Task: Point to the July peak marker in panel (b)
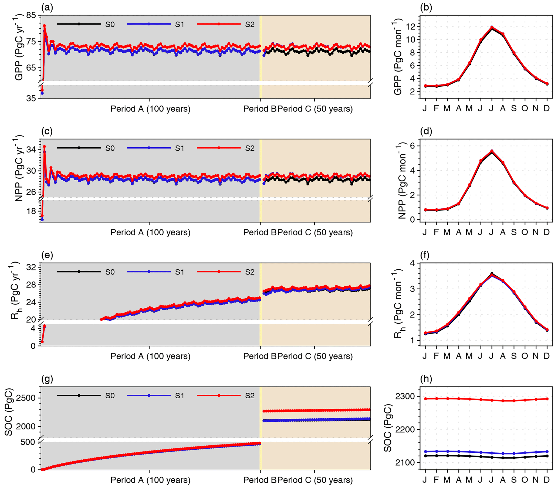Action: point(492,27)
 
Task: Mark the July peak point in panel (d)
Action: point(492,151)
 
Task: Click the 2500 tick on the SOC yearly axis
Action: point(26,398)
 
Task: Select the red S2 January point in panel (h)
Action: point(425,399)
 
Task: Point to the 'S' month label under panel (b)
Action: point(514,109)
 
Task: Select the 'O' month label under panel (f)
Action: point(525,356)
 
